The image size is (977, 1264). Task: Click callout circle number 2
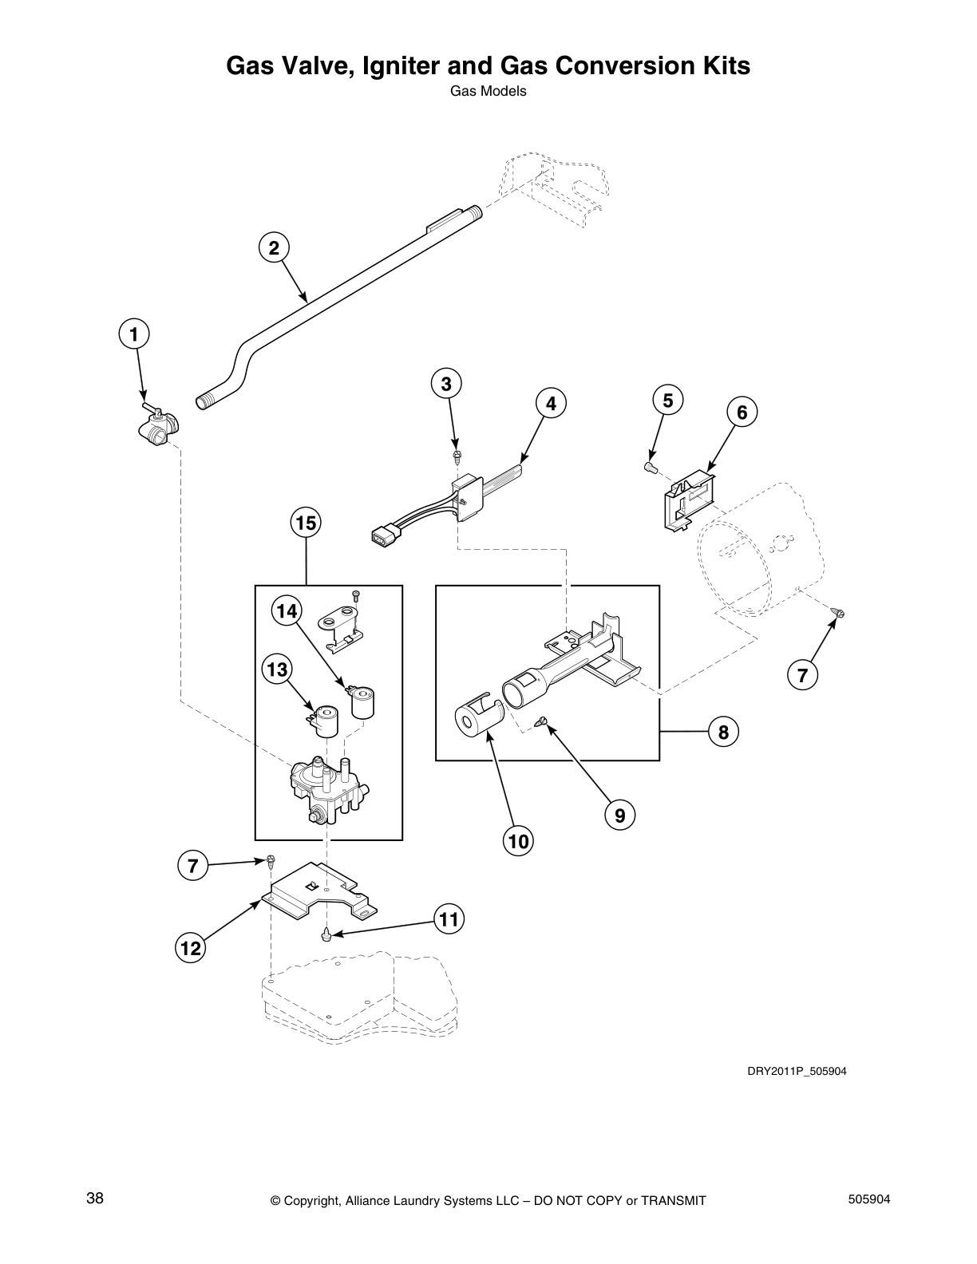(x=274, y=248)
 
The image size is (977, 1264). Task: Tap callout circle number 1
(x=134, y=334)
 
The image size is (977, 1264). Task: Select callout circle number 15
(x=306, y=523)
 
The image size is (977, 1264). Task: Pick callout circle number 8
(x=723, y=733)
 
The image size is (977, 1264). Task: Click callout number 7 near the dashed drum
(x=802, y=675)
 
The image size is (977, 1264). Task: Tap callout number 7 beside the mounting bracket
(x=193, y=866)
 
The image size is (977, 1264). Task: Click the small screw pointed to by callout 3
(x=457, y=456)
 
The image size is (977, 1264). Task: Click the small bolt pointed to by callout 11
(x=326, y=934)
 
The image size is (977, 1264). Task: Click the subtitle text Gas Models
(x=488, y=91)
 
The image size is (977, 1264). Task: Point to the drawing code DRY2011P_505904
(x=796, y=1071)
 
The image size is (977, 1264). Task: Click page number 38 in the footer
(x=94, y=1199)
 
